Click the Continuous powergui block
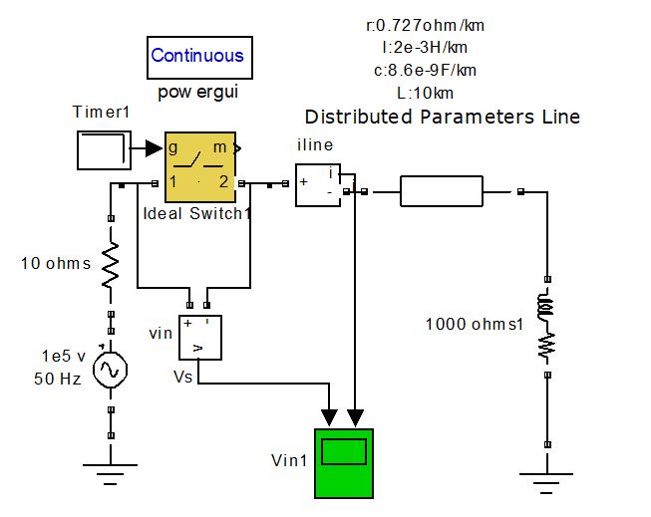click(196, 56)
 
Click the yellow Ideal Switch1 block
click(199, 167)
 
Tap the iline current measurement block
click(318, 183)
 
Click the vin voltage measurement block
click(199, 337)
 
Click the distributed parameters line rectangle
click(442, 191)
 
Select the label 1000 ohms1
click(475, 324)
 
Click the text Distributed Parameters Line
click(442, 117)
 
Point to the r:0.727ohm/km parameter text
click(425, 26)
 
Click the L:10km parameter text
click(425, 93)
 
